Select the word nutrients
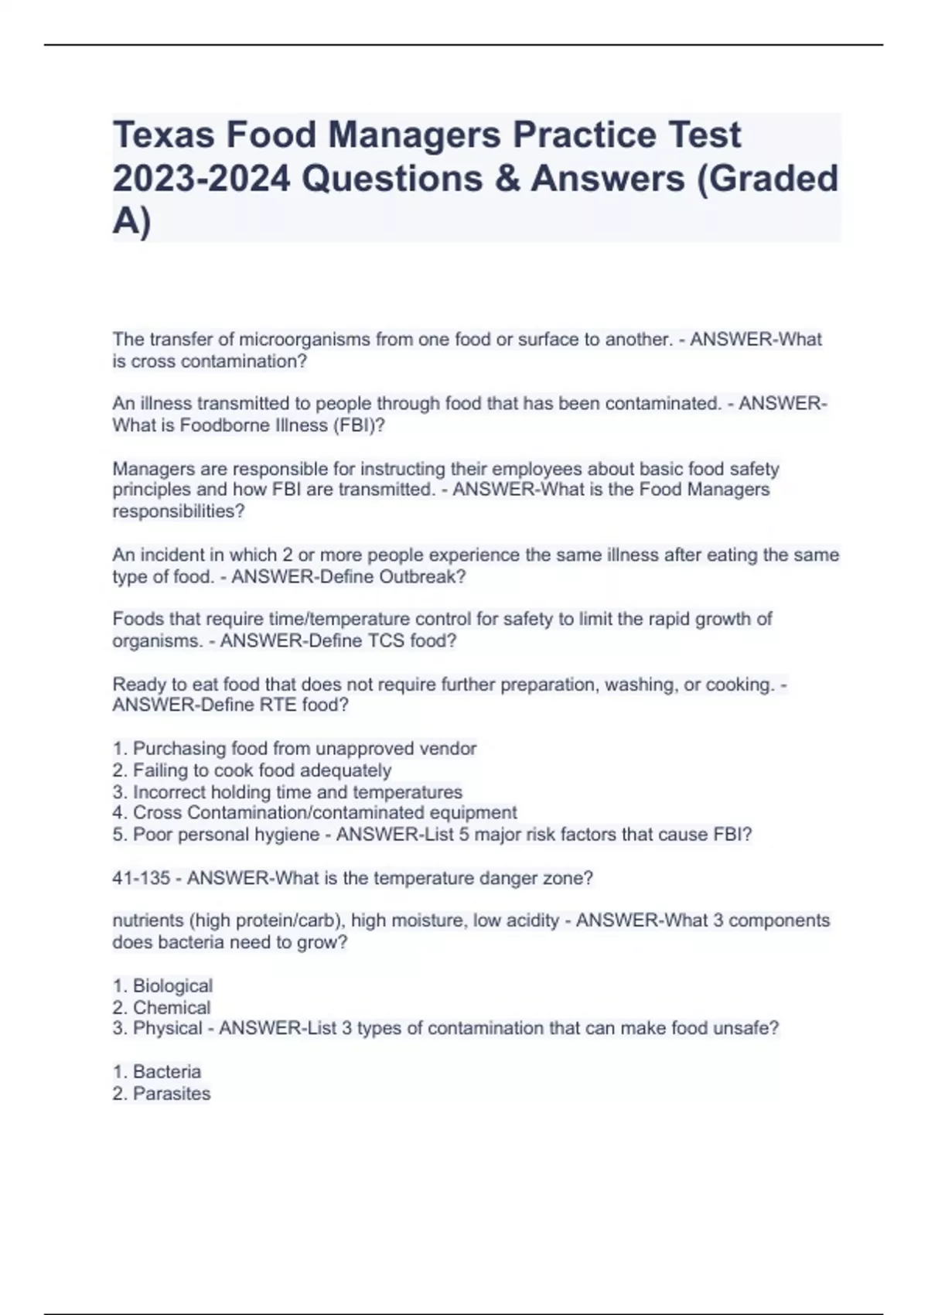pyautogui.click(x=148, y=921)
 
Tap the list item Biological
pyautogui.click(x=172, y=986)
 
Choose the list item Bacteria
pyautogui.click(x=167, y=1072)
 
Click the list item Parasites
pyautogui.click(x=172, y=1094)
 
